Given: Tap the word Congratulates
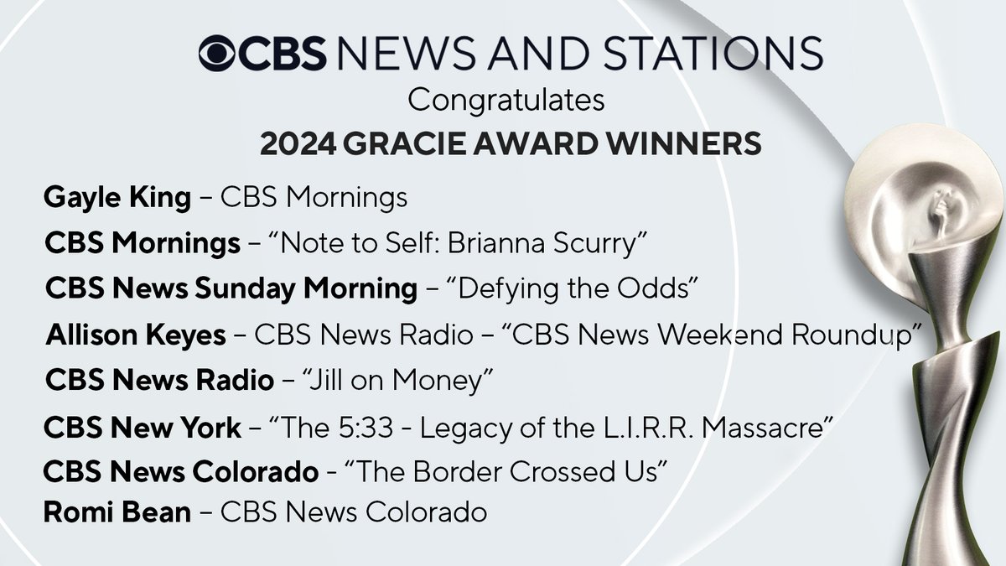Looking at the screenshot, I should (506, 101).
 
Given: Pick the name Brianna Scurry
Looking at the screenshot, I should (550, 244).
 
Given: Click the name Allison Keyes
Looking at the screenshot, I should (136, 335).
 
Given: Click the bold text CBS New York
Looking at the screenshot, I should (143, 428).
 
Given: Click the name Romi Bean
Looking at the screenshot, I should (117, 512).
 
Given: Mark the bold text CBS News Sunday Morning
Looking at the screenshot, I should (231, 289).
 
